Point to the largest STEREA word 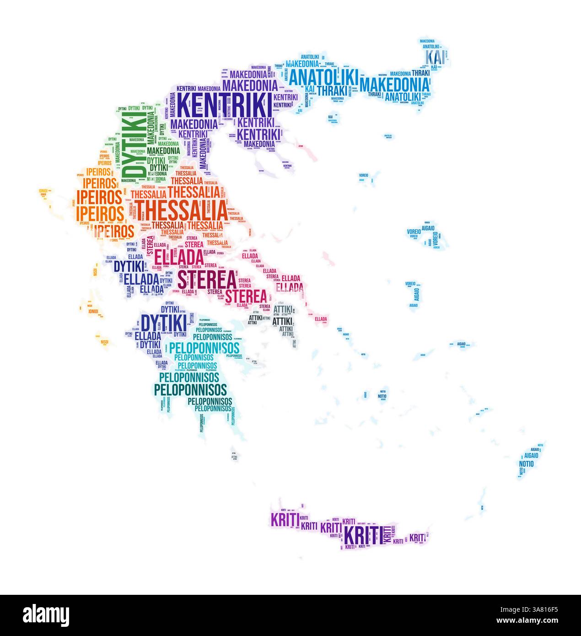pyautogui.click(x=206, y=280)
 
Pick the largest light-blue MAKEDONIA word pyautogui.click(x=395, y=85)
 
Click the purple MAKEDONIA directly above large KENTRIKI pyautogui.click(x=250, y=85)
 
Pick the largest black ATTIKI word pyautogui.click(x=282, y=321)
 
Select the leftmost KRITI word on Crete pyautogui.click(x=285, y=519)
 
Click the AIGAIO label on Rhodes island pyautogui.click(x=531, y=456)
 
